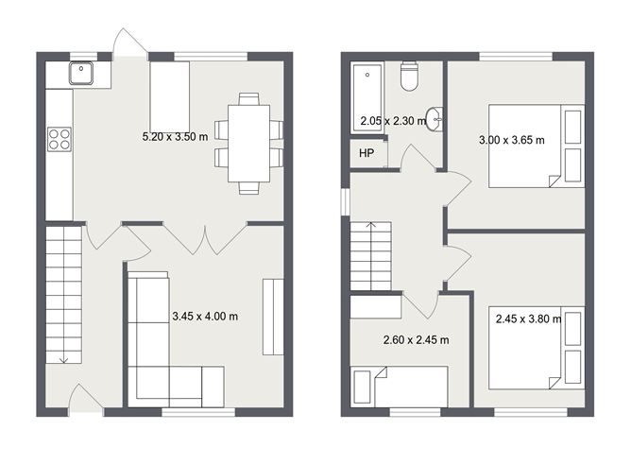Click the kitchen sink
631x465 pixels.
[x=80, y=72]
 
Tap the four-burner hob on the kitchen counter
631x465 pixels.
[x=59, y=139]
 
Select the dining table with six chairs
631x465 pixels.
[x=248, y=143]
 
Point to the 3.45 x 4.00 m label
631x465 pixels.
[x=204, y=317]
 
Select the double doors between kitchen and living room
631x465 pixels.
[x=206, y=238]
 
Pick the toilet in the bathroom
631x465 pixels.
[x=410, y=77]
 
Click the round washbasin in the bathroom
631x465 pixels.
[x=435, y=119]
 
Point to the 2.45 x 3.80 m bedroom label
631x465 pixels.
[x=528, y=319]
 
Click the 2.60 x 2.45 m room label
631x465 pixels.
[x=415, y=339]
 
